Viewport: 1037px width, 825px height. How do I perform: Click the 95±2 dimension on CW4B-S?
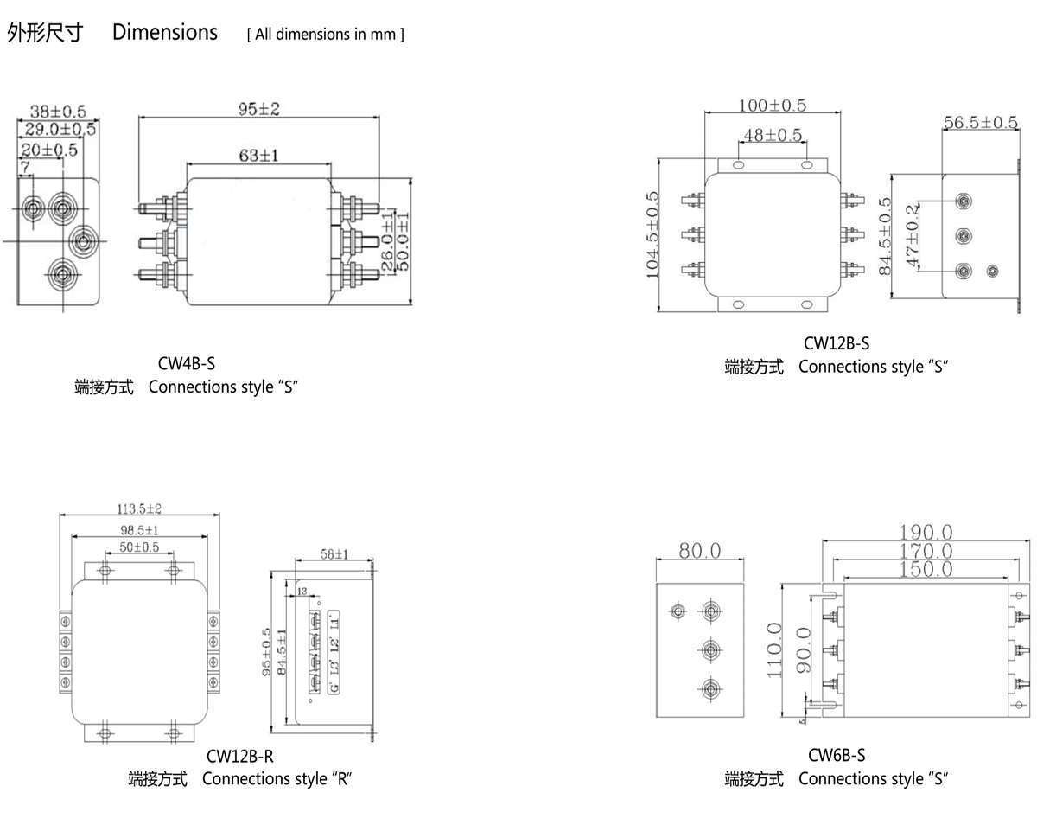tap(259, 109)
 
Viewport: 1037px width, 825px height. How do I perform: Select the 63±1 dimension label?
tap(258, 156)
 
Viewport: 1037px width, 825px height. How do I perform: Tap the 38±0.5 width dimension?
tap(58, 112)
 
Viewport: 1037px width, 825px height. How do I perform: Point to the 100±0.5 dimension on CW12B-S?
tap(772, 106)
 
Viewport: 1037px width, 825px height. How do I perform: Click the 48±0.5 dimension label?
tap(772, 136)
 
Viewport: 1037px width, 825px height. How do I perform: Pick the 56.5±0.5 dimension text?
tap(980, 122)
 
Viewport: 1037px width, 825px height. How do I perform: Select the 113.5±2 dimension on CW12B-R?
tap(139, 508)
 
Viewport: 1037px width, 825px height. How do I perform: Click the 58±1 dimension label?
tap(334, 554)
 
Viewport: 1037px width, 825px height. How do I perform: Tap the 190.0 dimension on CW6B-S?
tap(926, 532)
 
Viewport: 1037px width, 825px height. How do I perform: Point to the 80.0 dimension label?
tap(699, 550)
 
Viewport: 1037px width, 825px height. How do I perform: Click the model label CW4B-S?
tap(187, 365)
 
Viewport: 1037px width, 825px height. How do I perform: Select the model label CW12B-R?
tap(240, 757)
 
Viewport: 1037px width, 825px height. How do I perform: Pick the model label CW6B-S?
tap(837, 755)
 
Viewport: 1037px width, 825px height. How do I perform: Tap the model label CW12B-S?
tap(837, 344)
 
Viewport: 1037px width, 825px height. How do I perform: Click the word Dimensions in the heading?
tap(165, 33)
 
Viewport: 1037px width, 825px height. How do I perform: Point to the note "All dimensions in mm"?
tap(326, 35)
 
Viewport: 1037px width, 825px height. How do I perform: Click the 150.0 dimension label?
tap(926, 569)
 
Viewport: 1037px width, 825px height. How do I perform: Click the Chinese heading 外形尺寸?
tap(45, 33)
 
